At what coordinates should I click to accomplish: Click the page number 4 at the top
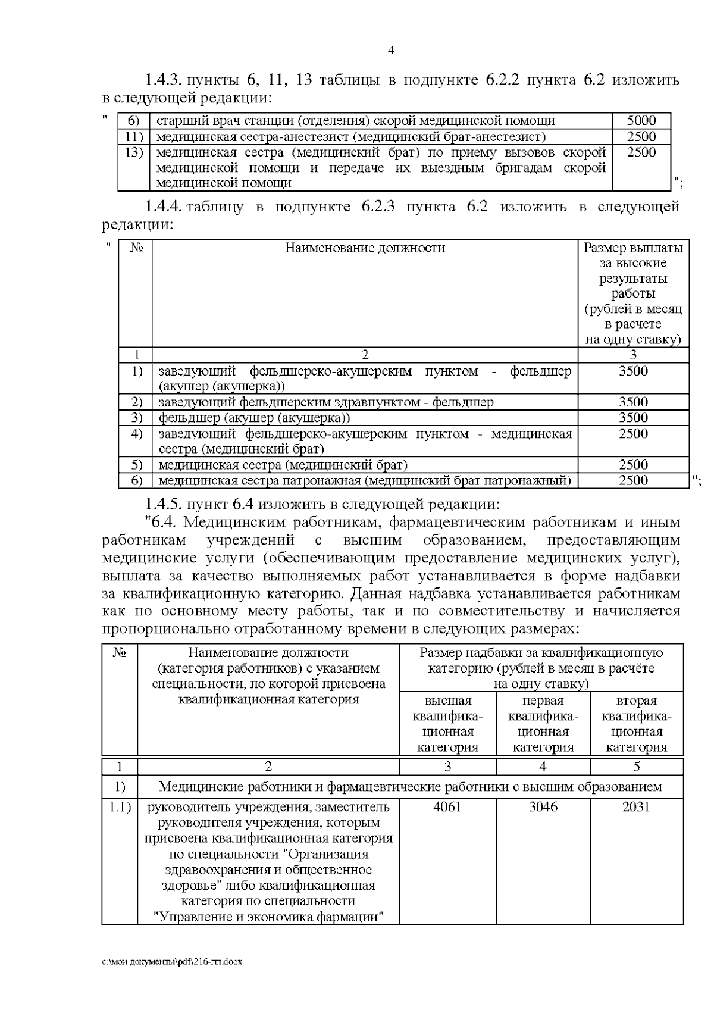(x=391, y=51)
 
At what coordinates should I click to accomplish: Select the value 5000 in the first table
(x=641, y=121)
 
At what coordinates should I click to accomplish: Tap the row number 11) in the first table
(x=134, y=137)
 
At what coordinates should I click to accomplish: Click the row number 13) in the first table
(x=134, y=152)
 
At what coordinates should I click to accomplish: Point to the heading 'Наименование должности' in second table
(x=365, y=248)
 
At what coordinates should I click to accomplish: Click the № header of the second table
(x=136, y=248)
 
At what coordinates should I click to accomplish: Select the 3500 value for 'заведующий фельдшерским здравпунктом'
(x=633, y=402)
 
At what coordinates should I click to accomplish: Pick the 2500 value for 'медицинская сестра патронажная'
(x=633, y=480)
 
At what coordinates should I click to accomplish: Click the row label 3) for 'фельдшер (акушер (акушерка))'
(x=137, y=418)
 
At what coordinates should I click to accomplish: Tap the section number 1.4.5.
(x=162, y=505)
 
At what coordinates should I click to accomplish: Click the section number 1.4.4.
(x=162, y=207)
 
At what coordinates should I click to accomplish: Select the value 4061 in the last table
(x=447, y=807)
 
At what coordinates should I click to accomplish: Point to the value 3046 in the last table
(x=543, y=807)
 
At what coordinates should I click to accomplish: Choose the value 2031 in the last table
(x=636, y=807)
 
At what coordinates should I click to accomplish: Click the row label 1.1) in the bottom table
(x=119, y=808)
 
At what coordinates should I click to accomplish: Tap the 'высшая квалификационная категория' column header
(x=447, y=724)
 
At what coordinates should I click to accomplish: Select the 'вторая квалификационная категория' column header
(x=636, y=724)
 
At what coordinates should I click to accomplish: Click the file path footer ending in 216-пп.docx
(x=172, y=962)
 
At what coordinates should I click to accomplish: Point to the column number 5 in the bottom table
(x=636, y=767)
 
